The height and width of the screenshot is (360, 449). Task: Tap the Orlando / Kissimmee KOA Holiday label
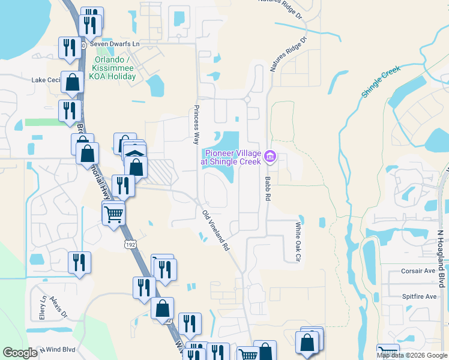pyautogui.click(x=117, y=68)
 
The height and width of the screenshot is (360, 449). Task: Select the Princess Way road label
pyautogui.click(x=195, y=125)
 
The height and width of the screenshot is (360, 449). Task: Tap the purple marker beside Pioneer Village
pyautogui.click(x=270, y=157)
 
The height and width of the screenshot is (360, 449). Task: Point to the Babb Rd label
pyautogui.click(x=267, y=188)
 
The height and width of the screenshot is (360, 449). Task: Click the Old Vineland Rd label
pyautogui.click(x=216, y=230)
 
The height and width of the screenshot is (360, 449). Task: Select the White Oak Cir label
pyautogui.click(x=297, y=242)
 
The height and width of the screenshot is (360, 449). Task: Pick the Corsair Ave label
pyautogui.click(x=418, y=271)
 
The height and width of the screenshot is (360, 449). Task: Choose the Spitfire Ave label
pyautogui.click(x=418, y=296)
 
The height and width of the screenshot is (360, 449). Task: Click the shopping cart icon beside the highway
pyautogui.click(x=113, y=213)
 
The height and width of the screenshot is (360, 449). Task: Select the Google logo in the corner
pyautogui.click(x=20, y=353)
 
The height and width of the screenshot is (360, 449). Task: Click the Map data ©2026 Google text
pyautogui.click(x=412, y=355)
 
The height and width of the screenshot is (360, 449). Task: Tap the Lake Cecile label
pyautogui.click(x=46, y=80)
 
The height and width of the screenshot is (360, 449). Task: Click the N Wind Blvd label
pyautogui.click(x=58, y=349)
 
